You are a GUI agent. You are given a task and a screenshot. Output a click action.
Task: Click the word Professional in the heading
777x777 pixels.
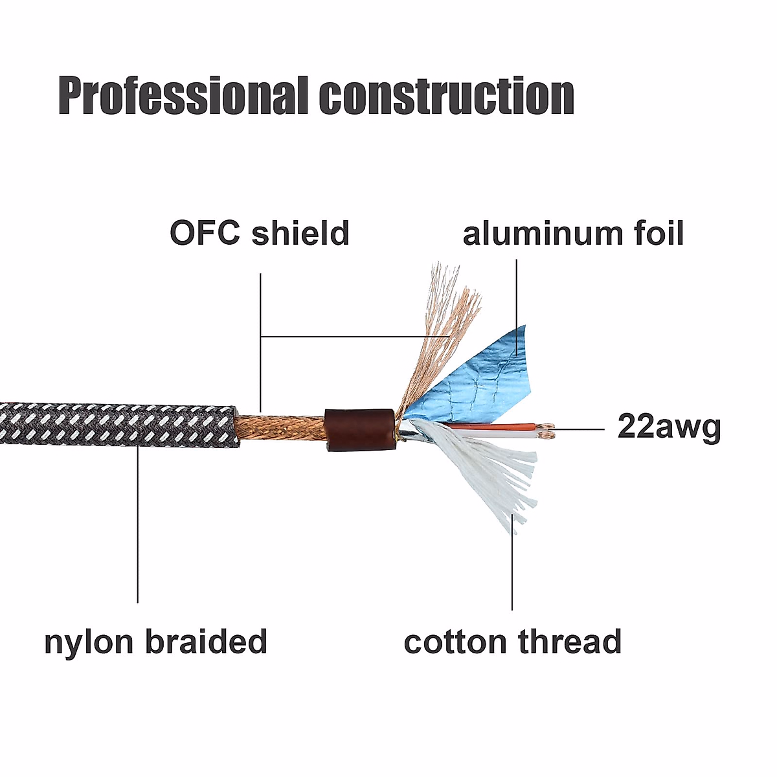(x=183, y=95)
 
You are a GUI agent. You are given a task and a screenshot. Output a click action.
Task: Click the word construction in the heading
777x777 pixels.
(x=447, y=95)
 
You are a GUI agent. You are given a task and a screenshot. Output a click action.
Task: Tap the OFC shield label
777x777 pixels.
(x=260, y=233)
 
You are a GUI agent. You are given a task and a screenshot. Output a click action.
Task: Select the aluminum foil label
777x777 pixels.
(x=573, y=233)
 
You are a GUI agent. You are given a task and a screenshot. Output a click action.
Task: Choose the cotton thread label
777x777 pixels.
(x=512, y=641)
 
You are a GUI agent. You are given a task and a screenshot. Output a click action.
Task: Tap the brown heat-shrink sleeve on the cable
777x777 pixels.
(x=360, y=430)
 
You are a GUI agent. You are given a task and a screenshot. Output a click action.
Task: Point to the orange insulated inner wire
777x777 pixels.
(x=494, y=426)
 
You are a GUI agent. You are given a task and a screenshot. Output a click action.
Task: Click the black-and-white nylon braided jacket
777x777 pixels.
(x=119, y=425)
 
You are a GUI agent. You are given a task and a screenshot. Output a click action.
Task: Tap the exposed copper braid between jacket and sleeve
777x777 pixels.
(x=280, y=428)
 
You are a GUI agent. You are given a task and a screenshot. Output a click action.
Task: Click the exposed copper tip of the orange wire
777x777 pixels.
(x=548, y=426)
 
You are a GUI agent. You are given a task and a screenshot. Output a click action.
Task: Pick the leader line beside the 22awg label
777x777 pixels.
(x=578, y=429)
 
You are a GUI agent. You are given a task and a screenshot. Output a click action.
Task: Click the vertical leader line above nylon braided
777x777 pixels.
(x=137, y=524)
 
